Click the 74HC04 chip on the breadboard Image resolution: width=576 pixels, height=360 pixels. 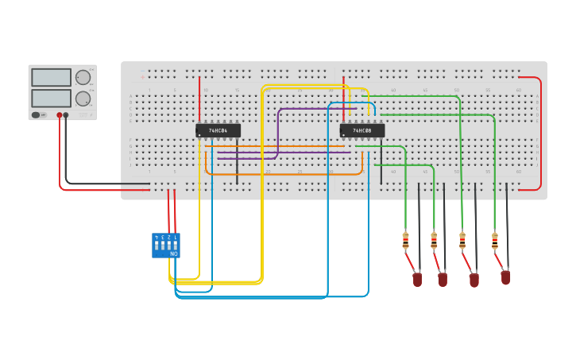click(x=218, y=130)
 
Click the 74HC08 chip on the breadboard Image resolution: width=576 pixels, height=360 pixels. click(x=362, y=130)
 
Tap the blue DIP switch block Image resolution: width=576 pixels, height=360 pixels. click(x=166, y=245)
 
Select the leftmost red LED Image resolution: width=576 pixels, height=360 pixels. click(x=417, y=280)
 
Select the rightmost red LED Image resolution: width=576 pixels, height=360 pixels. click(x=505, y=277)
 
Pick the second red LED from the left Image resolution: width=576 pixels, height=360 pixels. click(x=443, y=280)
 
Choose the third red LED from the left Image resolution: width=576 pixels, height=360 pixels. click(x=474, y=280)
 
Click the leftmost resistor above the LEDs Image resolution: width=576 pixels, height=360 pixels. click(x=405, y=240)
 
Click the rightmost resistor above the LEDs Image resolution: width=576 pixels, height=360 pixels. click(x=495, y=240)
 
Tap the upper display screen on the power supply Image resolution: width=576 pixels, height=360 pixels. click(x=51, y=78)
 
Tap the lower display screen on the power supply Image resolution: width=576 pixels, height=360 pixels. click(x=51, y=99)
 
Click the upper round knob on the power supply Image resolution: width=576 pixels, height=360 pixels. click(x=83, y=77)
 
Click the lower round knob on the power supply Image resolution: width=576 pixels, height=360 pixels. click(x=83, y=99)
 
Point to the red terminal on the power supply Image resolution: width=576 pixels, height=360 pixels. click(x=59, y=115)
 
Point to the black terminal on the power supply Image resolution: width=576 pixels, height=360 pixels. click(x=66, y=115)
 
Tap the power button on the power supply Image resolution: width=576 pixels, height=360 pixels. click(x=36, y=115)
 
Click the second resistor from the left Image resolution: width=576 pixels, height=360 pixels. click(x=434, y=240)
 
